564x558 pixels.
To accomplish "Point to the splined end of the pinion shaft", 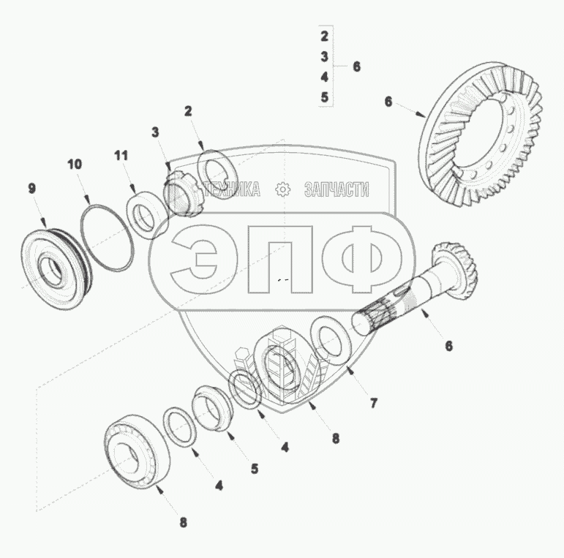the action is point(374,316).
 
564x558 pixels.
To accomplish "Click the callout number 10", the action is point(75,165).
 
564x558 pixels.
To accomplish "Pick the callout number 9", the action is point(32,188).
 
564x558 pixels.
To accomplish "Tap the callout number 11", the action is point(121,156).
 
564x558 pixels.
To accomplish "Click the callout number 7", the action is point(374,403).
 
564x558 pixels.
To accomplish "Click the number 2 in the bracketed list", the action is point(325,36).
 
